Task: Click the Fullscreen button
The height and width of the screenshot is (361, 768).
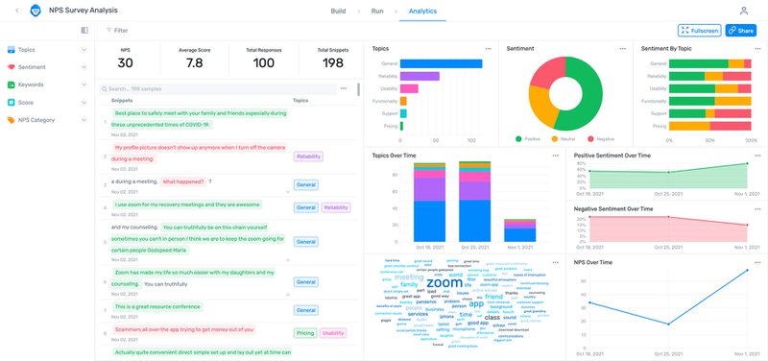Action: (x=699, y=31)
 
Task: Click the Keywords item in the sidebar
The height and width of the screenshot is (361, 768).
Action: (x=31, y=84)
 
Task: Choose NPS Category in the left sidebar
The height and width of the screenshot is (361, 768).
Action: (x=37, y=120)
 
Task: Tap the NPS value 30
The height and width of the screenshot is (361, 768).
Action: (x=126, y=63)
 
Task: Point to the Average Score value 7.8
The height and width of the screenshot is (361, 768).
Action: (x=194, y=63)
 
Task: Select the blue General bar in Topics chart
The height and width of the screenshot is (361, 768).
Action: (x=441, y=63)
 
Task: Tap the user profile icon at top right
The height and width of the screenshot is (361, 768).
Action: (x=743, y=11)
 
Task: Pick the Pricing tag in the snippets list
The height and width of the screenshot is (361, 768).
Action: (x=305, y=333)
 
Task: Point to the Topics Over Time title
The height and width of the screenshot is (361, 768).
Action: (x=394, y=155)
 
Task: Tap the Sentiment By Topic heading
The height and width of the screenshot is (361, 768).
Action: (x=668, y=48)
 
